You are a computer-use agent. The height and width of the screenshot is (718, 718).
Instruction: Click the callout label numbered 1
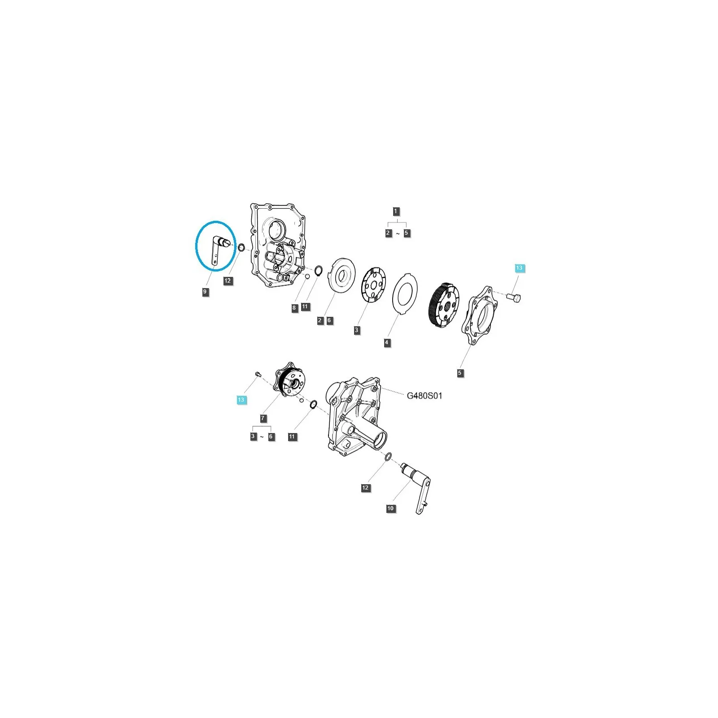pyautogui.click(x=395, y=211)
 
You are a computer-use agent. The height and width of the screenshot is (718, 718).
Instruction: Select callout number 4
pyautogui.click(x=387, y=342)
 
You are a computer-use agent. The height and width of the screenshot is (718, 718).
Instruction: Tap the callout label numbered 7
pyautogui.click(x=263, y=418)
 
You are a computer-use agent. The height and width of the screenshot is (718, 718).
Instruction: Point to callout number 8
pyautogui.click(x=294, y=308)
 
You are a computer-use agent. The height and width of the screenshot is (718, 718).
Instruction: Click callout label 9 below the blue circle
pyautogui.click(x=205, y=292)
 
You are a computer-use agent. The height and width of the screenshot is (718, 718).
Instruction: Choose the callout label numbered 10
pyautogui.click(x=390, y=508)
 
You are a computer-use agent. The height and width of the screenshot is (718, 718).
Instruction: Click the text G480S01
pyautogui.click(x=425, y=396)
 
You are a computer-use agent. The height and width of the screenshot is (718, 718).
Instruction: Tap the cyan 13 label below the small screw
pyautogui.click(x=241, y=399)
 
